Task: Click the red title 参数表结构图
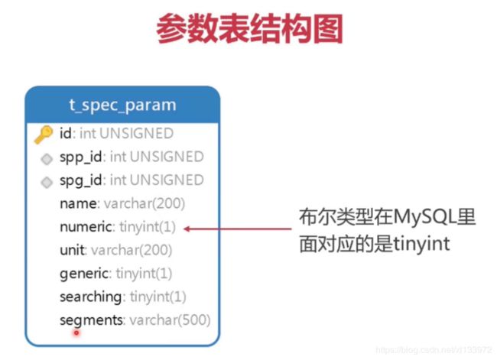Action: [249, 28]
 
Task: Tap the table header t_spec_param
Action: [122, 105]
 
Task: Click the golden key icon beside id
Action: [44, 135]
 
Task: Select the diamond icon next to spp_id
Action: [47, 159]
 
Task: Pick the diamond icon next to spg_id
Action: [47, 182]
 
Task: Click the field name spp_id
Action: [81, 157]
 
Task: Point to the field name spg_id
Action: [81, 180]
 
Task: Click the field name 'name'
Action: [78, 203]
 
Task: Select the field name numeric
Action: [86, 227]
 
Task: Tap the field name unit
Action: [73, 251]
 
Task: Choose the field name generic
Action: [84, 274]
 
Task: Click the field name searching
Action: [91, 297]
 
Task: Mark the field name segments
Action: [91, 321]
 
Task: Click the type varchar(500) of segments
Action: [171, 320]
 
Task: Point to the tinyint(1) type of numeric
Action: [148, 227]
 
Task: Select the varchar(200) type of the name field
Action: [145, 203]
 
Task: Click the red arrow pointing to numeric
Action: [237, 229]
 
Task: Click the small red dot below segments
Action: [76, 333]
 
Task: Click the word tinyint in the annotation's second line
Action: [421, 244]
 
